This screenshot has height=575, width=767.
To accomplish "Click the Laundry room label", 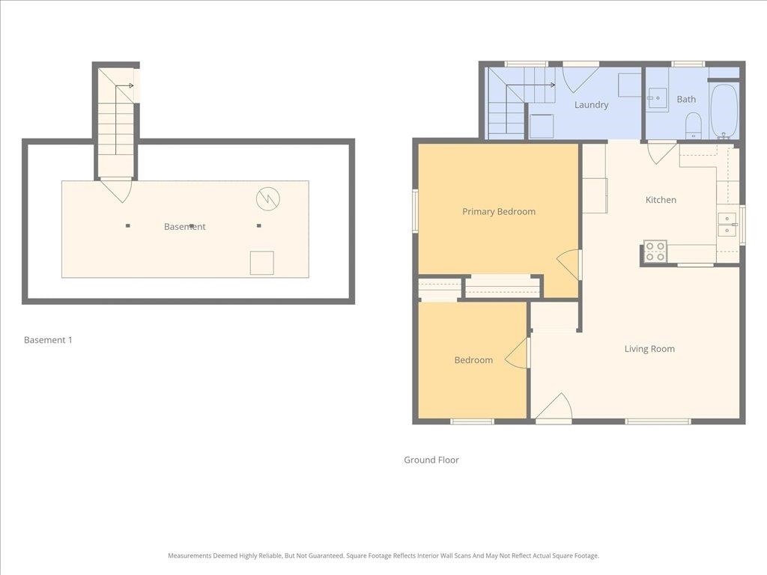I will point(591,105).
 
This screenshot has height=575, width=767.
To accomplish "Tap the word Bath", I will point(686,100).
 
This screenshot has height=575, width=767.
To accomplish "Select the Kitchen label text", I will point(661,200).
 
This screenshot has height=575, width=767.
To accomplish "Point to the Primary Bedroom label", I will point(499,212).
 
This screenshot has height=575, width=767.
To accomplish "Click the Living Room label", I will point(649,349).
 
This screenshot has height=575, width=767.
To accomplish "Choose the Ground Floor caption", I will point(431,460).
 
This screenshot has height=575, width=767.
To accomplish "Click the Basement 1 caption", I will point(48,340).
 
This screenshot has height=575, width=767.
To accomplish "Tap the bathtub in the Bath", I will point(724,111).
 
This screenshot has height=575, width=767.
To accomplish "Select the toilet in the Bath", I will point(694,124).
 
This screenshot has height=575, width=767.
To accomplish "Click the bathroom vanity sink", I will point(658,98).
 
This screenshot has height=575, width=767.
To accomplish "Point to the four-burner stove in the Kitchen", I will point(655,252).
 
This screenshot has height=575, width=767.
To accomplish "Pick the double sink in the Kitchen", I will point(727,225).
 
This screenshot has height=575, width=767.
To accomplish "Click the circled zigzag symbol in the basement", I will point(267,198).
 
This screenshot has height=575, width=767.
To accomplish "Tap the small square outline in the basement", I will point(261,263).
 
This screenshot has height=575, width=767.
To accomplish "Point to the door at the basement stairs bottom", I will point(116,189).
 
